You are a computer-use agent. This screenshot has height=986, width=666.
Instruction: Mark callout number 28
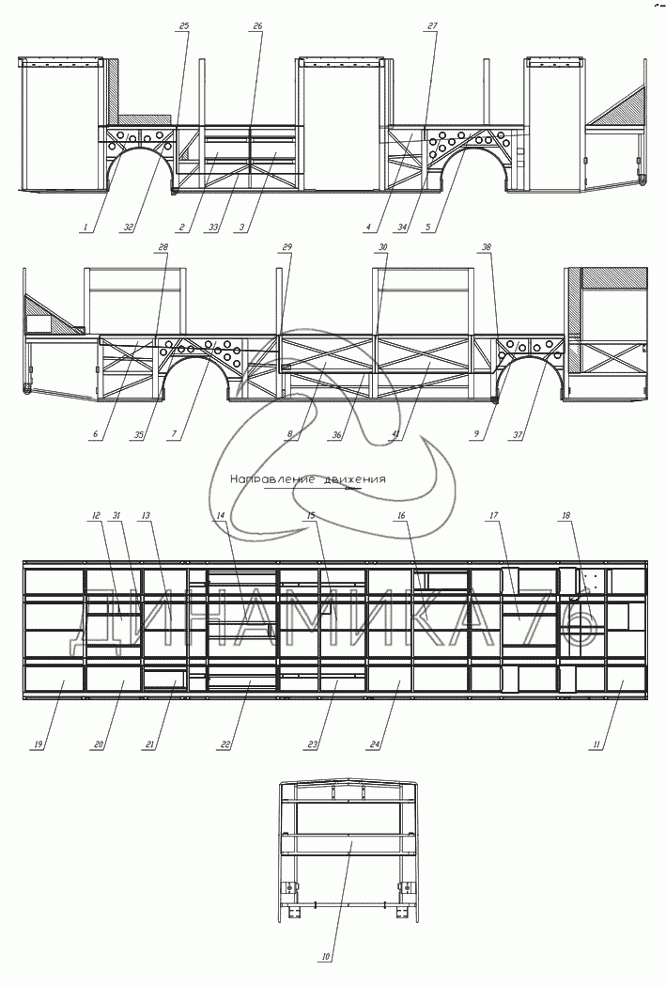[163, 247]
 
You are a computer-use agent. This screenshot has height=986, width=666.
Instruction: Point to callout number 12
[96, 515]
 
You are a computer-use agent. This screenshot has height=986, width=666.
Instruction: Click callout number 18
[565, 515]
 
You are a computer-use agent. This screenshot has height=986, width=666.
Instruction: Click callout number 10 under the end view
[325, 958]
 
